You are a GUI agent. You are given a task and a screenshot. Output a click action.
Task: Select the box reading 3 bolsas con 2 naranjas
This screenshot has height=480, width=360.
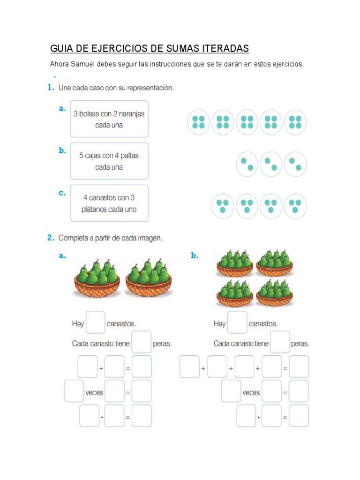109,119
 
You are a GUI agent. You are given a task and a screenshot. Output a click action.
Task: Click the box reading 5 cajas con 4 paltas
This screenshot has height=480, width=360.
109,161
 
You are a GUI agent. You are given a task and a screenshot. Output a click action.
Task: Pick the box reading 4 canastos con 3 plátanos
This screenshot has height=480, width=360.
109,203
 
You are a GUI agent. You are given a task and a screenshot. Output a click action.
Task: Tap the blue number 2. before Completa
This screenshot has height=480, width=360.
51,238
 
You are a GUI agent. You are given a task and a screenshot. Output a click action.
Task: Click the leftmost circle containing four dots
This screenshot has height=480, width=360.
199,122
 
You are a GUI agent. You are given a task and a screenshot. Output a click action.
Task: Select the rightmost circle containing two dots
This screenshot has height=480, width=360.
295,164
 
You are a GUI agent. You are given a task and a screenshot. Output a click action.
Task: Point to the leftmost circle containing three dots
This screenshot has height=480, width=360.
223,206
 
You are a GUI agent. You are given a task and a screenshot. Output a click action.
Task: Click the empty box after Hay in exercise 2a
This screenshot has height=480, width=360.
96,323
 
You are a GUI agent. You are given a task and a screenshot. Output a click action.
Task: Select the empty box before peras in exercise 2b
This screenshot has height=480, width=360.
280,343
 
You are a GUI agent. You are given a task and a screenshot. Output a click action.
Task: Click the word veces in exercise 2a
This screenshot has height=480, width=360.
94,392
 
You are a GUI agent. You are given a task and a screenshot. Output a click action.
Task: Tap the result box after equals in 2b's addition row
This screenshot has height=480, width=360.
299,367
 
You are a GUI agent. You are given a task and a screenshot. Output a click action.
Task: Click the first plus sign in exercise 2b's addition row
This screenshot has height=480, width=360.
203,368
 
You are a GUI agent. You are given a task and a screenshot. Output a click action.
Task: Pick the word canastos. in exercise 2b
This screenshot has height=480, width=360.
263,323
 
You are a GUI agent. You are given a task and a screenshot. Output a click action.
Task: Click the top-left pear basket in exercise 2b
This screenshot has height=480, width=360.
235,263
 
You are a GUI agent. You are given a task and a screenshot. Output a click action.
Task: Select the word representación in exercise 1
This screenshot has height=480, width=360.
150,88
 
